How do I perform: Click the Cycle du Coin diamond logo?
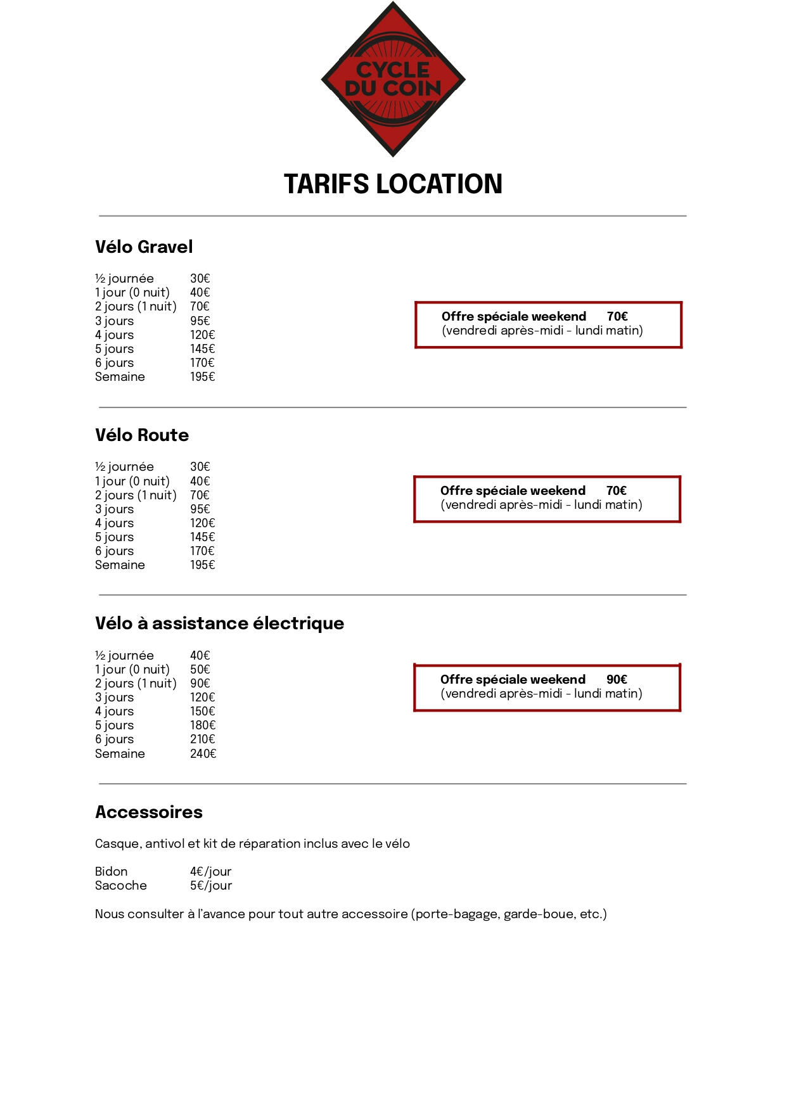tap(393, 79)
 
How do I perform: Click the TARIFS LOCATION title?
tap(393, 184)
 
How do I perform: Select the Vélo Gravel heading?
tap(144, 246)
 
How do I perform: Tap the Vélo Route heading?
tap(142, 435)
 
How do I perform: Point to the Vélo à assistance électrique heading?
tap(219, 623)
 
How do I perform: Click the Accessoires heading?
tap(149, 812)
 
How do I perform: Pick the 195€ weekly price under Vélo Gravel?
tap(203, 376)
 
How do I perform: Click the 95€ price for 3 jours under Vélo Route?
tap(200, 509)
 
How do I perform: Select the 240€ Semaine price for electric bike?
tap(203, 753)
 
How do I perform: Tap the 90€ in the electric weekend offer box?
tap(617, 679)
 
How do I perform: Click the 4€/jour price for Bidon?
tap(210, 871)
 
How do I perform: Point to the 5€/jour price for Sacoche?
tap(211, 885)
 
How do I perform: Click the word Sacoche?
tap(121, 885)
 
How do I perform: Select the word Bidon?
tap(112, 871)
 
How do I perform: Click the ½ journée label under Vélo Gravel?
tap(124, 278)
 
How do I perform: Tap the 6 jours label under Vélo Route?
tap(115, 551)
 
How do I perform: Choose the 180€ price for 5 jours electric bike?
tap(203, 725)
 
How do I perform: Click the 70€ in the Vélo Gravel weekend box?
tap(617, 316)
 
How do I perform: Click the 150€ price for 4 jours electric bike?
tap(203, 711)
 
